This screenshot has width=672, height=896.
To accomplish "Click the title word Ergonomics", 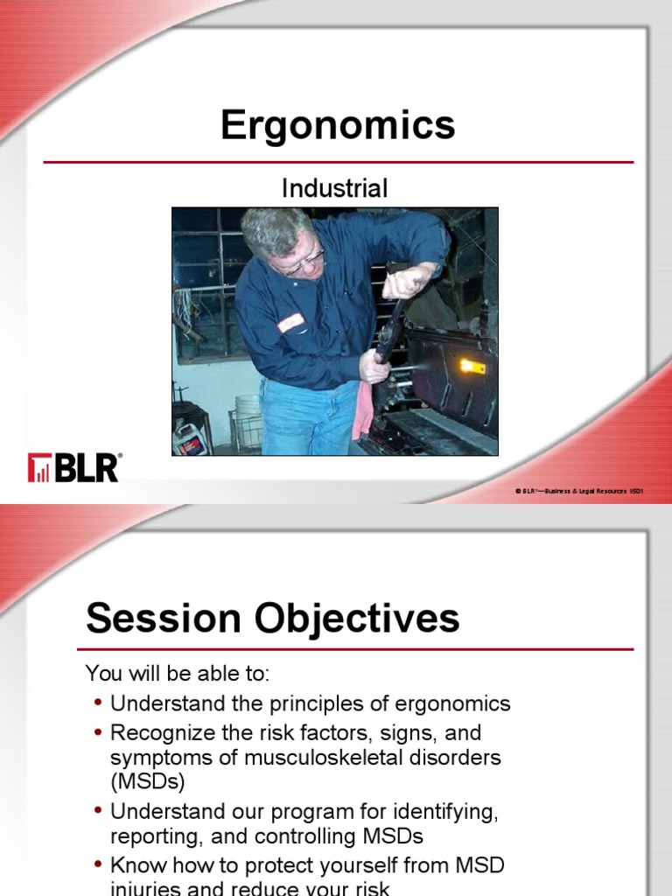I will pyautogui.click(x=338, y=125).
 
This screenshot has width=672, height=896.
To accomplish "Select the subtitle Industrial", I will pyautogui.click(x=334, y=187).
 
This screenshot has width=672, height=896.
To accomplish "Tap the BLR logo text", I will pyautogui.click(x=87, y=468).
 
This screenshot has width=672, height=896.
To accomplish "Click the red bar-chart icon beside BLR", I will pyautogui.click(x=39, y=468).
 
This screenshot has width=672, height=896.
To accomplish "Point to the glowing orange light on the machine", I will pyautogui.click(x=472, y=366).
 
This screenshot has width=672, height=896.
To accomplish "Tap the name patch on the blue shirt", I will pyautogui.click(x=290, y=323).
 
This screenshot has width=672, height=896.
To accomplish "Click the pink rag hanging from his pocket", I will pyautogui.click(x=362, y=411).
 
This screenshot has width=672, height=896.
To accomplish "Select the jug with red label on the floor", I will pyautogui.click(x=189, y=437).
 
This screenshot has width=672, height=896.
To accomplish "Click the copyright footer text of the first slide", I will pyautogui.click(x=579, y=492).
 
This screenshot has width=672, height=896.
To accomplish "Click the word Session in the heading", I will pyautogui.click(x=164, y=619).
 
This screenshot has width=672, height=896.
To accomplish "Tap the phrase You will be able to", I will pyautogui.click(x=178, y=674).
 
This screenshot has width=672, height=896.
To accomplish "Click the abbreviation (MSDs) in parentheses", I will pyautogui.click(x=148, y=780).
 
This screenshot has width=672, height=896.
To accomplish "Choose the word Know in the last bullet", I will pyautogui.click(x=136, y=866).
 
